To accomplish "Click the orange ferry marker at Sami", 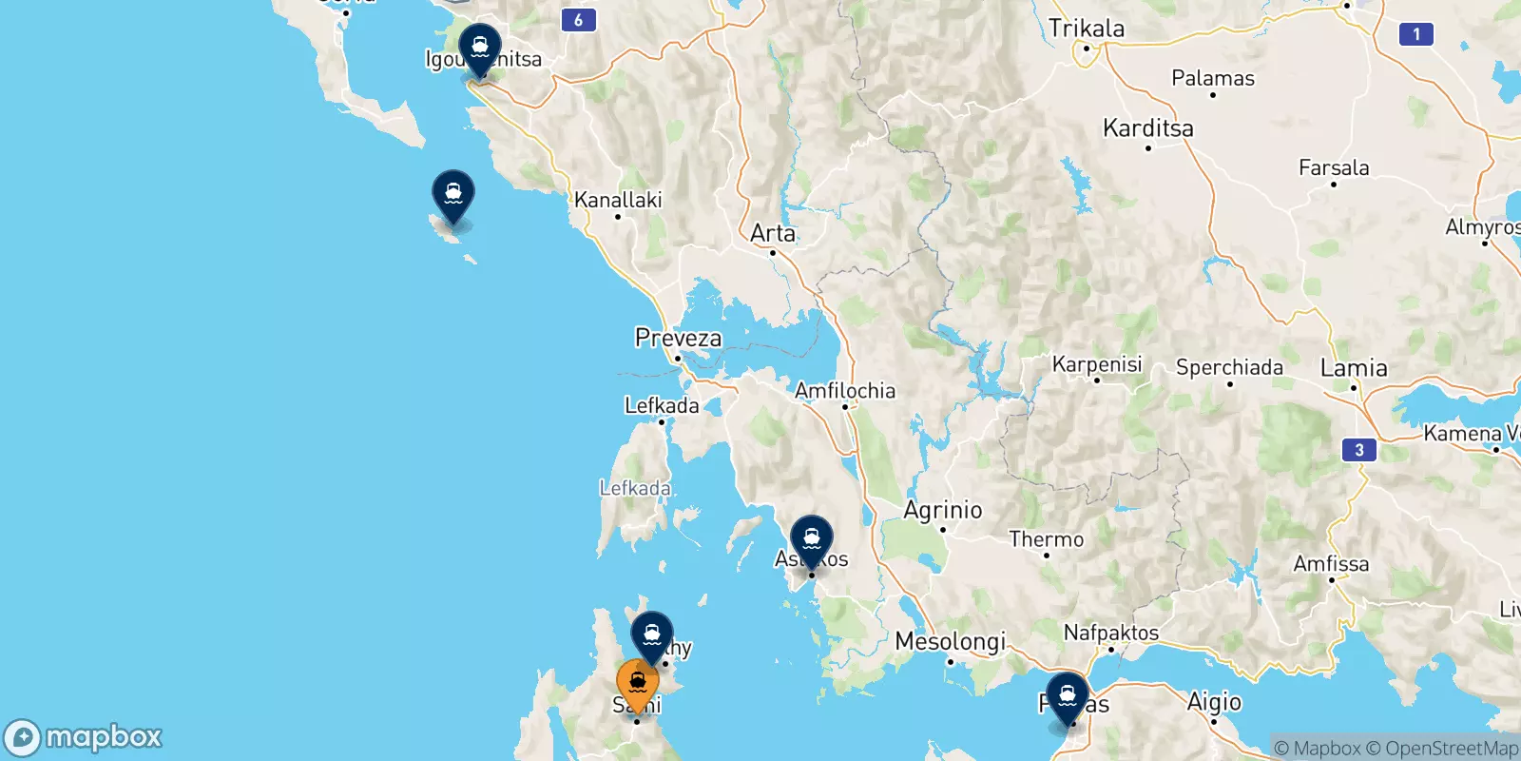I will click(637, 684).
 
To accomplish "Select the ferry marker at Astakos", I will click(812, 539).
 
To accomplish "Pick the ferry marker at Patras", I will click(1068, 696).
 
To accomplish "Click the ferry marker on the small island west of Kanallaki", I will click(453, 194).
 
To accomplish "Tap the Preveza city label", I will click(678, 339).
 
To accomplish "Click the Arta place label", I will click(773, 233).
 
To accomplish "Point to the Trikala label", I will click(1086, 29).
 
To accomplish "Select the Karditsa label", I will click(1147, 128).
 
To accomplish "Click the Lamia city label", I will click(1354, 368).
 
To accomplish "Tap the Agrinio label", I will click(942, 511).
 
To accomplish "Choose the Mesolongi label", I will click(950, 642).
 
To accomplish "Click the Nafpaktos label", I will click(1110, 633).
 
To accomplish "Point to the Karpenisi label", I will click(1097, 364).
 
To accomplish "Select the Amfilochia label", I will click(845, 391).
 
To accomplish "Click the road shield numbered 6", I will click(578, 20).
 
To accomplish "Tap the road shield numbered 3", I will click(1359, 450).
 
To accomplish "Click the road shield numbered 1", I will click(1416, 34).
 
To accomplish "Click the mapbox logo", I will click(84, 737).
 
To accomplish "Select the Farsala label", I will click(1334, 168).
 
